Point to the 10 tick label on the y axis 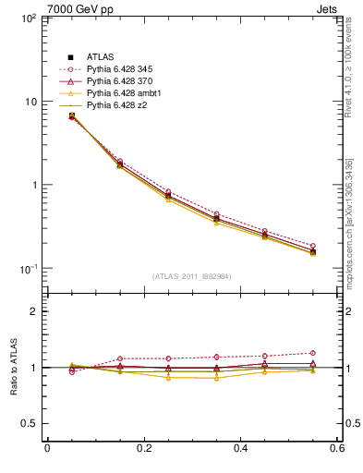tap(29, 102)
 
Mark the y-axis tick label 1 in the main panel tap(32, 185)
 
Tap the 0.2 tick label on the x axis tap(143, 448)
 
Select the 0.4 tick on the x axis tap(240, 448)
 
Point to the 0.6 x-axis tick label tap(336, 448)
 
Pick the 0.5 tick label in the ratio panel tap(28, 423)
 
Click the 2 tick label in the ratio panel tap(32, 311)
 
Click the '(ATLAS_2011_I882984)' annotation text tap(191, 276)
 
